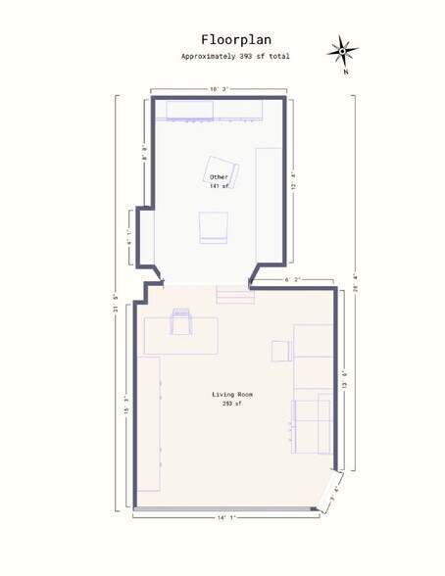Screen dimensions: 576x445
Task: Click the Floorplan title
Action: coord(228,40)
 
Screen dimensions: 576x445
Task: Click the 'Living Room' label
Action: coord(232,395)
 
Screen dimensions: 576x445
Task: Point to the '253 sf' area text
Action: coord(232,404)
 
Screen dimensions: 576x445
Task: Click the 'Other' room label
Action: coord(219,177)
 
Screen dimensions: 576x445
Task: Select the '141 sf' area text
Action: coord(219,186)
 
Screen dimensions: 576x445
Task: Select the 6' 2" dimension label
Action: coord(292,280)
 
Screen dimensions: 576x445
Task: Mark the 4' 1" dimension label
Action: coord(128,236)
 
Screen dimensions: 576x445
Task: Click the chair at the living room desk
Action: coord(181,321)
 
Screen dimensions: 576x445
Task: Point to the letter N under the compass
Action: coord(345,72)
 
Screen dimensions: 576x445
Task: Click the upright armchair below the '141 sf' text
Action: coord(214,227)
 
